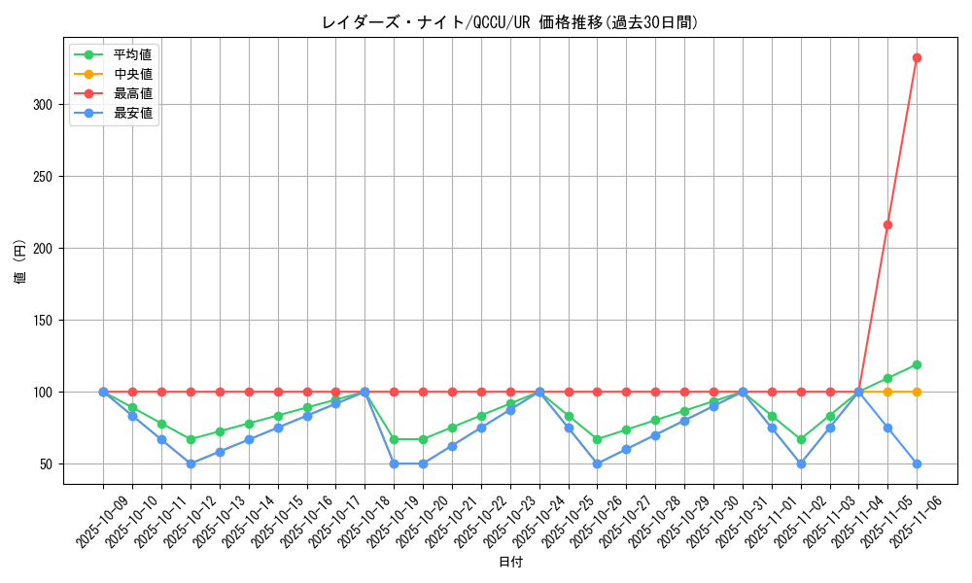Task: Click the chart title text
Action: click(509, 22)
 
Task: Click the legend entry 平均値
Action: click(133, 54)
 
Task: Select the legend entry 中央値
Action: click(133, 74)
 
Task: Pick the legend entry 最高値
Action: click(133, 93)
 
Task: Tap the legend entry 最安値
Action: click(133, 113)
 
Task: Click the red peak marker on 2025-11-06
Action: click(917, 58)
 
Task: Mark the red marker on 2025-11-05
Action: click(887, 224)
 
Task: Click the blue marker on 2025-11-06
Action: click(917, 463)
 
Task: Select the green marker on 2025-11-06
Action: click(917, 364)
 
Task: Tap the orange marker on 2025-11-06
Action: click(917, 392)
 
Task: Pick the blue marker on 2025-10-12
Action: click(191, 463)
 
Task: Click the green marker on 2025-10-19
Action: click(394, 439)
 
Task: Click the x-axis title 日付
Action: click(510, 563)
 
